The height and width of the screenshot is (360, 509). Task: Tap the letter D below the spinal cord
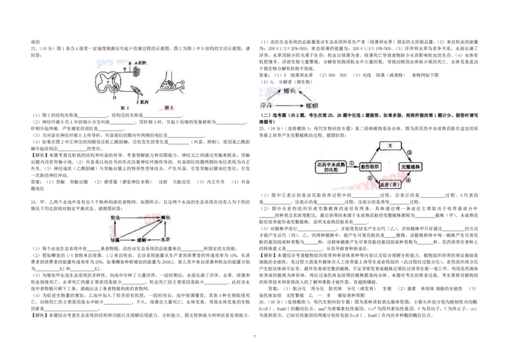coord(115,98)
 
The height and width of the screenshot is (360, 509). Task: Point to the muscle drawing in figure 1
coord(136,90)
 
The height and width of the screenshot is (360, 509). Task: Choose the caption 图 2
coord(169,108)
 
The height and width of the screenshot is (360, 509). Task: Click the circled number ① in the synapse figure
coord(182,83)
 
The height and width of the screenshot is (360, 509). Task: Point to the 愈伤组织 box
coord(370,166)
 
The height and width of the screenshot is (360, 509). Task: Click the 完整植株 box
coord(410,166)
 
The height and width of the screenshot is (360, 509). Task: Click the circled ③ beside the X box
coord(409,152)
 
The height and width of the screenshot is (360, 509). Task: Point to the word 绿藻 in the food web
coord(114,239)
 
